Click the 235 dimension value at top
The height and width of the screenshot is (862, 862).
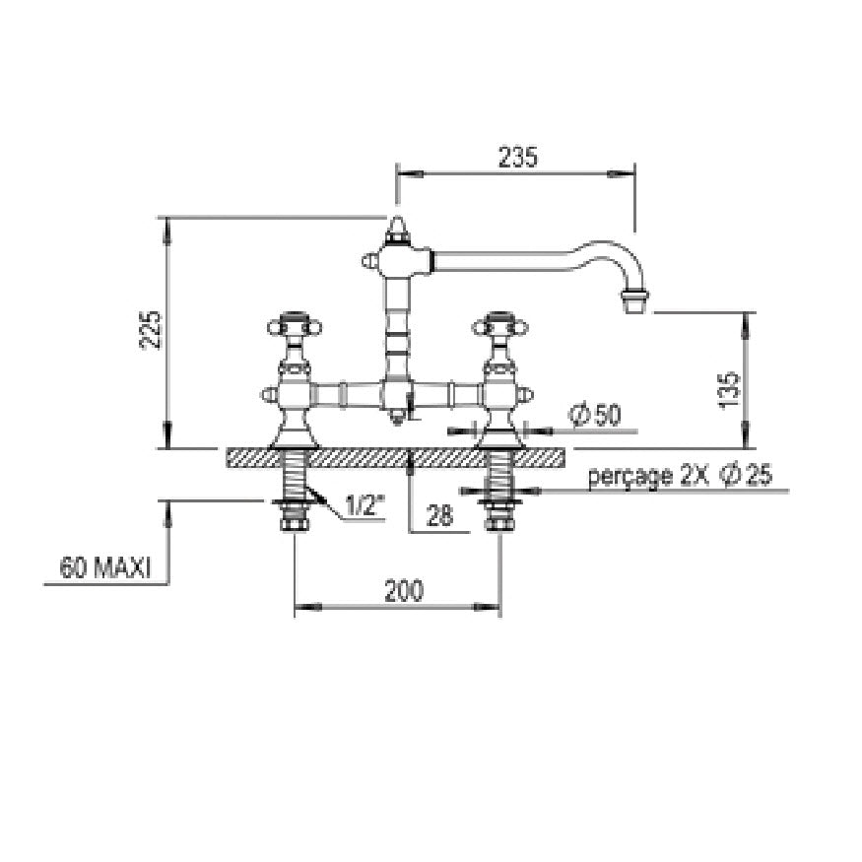[517, 158]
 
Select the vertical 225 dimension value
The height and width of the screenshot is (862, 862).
[151, 330]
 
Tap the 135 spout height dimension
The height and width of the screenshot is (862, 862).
[730, 390]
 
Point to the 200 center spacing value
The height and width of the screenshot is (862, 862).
[404, 590]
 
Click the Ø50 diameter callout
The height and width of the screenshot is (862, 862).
[596, 415]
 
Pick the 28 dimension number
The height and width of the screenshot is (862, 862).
[439, 515]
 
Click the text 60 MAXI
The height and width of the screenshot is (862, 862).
[105, 567]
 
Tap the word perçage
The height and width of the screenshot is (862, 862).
[630, 476]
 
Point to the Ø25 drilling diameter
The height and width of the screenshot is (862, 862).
[748, 475]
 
